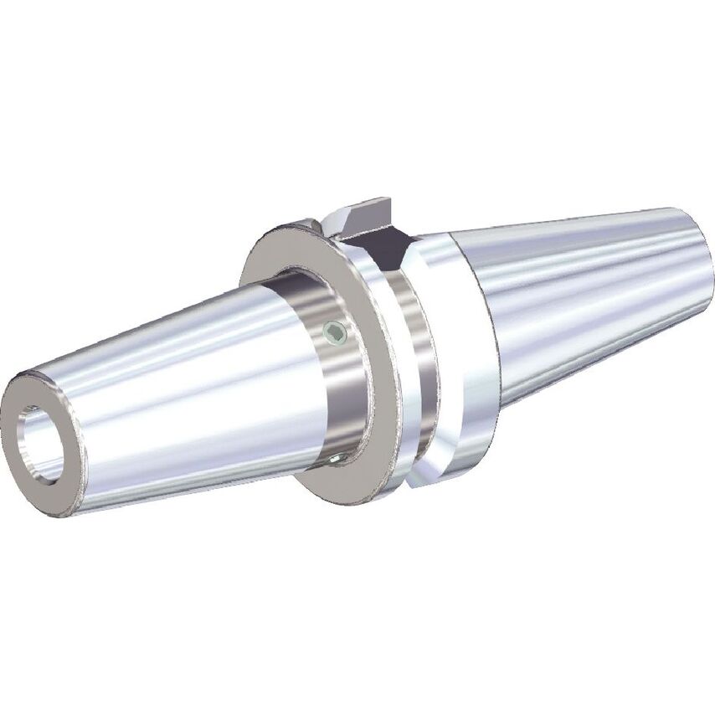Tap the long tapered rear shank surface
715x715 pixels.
pos(586,293)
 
